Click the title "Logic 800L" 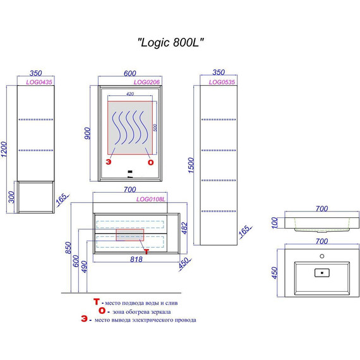pyautogui.click(x=171, y=42)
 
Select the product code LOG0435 pyautogui.click(x=39, y=82)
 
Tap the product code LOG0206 pyautogui.click(x=147, y=82)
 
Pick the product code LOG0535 pyautogui.click(x=222, y=82)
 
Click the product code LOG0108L pyautogui.click(x=150, y=199)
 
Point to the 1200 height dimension pyautogui.click(x=4, y=149)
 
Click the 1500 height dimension pyautogui.click(x=191, y=165)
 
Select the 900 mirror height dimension pyautogui.click(x=88, y=133)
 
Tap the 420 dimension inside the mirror pyautogui.click(x=130, y=93)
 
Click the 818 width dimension pyautogui.click(x=136, y=259)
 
